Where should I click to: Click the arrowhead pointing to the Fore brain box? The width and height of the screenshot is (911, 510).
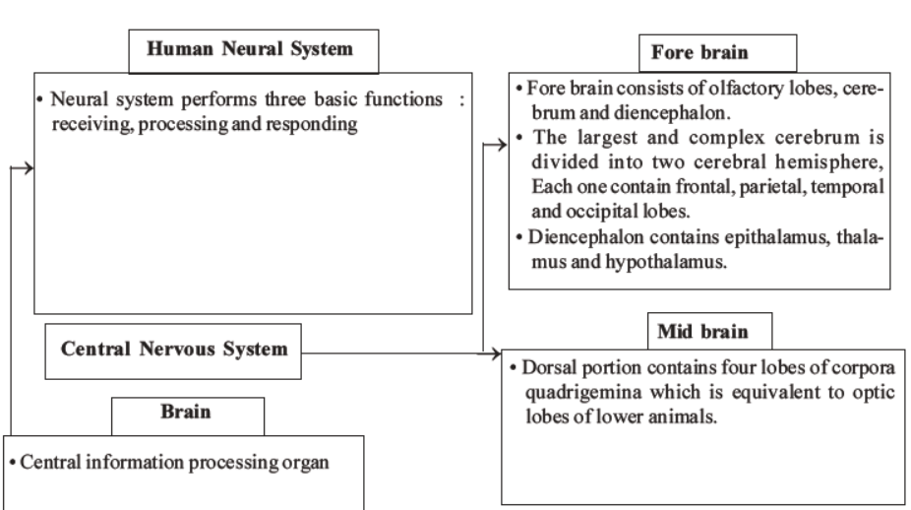(x=501, y=145)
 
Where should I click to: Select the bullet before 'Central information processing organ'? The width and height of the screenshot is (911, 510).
(x=11, y=461)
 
